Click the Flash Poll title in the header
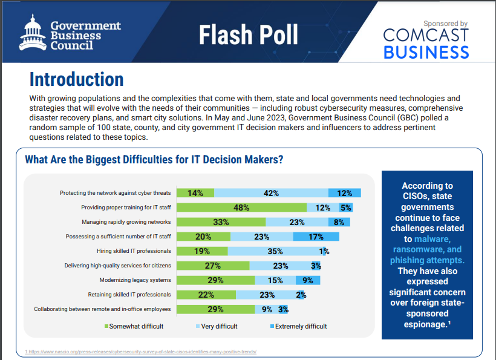[x=249, y=35]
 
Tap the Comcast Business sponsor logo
[x=426, y=41]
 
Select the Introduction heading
[x=76, y=79]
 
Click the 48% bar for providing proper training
[x=241, y=208]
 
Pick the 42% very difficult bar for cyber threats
[x=271, y=193]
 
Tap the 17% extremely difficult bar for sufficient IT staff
[x=316, y=237]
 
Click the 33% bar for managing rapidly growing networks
[x=221, y=222]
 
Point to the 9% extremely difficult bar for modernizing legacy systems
[x=308, y=280]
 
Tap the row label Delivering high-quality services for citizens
[x=117, y=266]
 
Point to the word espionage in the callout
[x=425, y=324]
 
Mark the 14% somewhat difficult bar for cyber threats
[x=195, y=193]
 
